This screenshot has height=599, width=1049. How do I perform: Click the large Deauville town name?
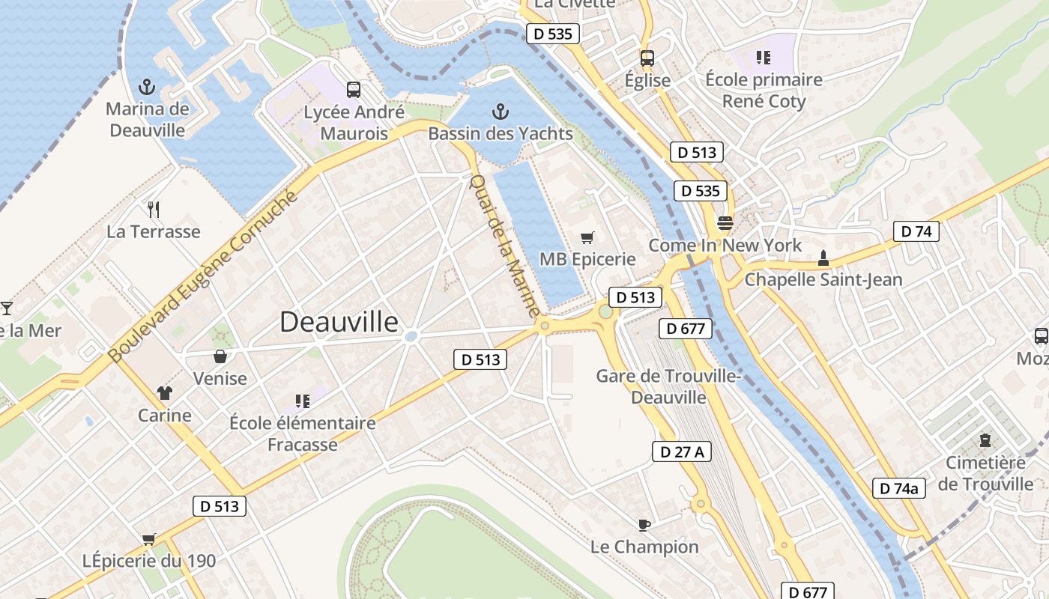click(x=339, y=322)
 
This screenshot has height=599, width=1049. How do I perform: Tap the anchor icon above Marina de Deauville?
click(x=147, y=88)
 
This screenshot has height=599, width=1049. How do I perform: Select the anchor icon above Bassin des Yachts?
click(x=501, y=112)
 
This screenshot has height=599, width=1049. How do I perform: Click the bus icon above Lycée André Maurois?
click(x=354, y=90)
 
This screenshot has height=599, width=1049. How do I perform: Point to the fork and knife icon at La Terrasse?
click(x=154, y=209)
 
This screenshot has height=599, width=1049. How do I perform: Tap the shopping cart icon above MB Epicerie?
click(x=587, y=237)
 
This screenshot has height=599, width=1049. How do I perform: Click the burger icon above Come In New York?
click(x=725, y=222)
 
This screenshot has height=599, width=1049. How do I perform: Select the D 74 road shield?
click(x=916, y=231)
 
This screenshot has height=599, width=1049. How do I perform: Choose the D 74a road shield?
click(x=899, y=488)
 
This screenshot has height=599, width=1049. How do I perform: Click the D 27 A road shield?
click(x=681, y=451)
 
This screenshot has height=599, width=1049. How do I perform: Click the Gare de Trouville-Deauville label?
click(x=668, y=386)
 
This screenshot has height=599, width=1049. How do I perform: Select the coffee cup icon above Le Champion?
click(x=644, y=524)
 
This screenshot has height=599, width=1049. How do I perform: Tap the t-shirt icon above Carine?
click(x=165, y=393)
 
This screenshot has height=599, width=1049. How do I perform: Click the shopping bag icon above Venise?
click(x=220, y=356)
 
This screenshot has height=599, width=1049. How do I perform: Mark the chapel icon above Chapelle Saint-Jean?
click(x=823, y=258)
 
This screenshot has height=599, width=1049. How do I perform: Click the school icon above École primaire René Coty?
click(x=764, y=57)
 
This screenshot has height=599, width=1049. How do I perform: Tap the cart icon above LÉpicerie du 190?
click(x=148, y=539)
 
